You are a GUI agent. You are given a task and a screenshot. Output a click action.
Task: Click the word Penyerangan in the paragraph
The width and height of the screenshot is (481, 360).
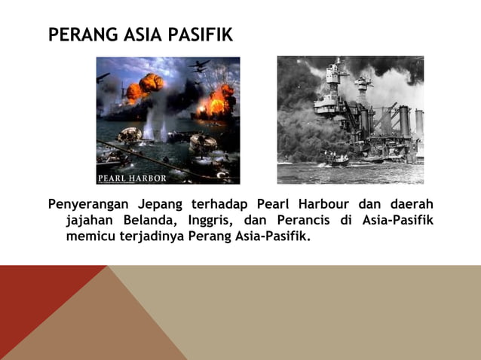click(87, 205)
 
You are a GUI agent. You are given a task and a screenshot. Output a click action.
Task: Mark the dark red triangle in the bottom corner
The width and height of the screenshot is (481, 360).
click(38, 301)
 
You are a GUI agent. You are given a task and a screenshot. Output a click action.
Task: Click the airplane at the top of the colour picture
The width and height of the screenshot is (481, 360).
click(199, 66)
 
